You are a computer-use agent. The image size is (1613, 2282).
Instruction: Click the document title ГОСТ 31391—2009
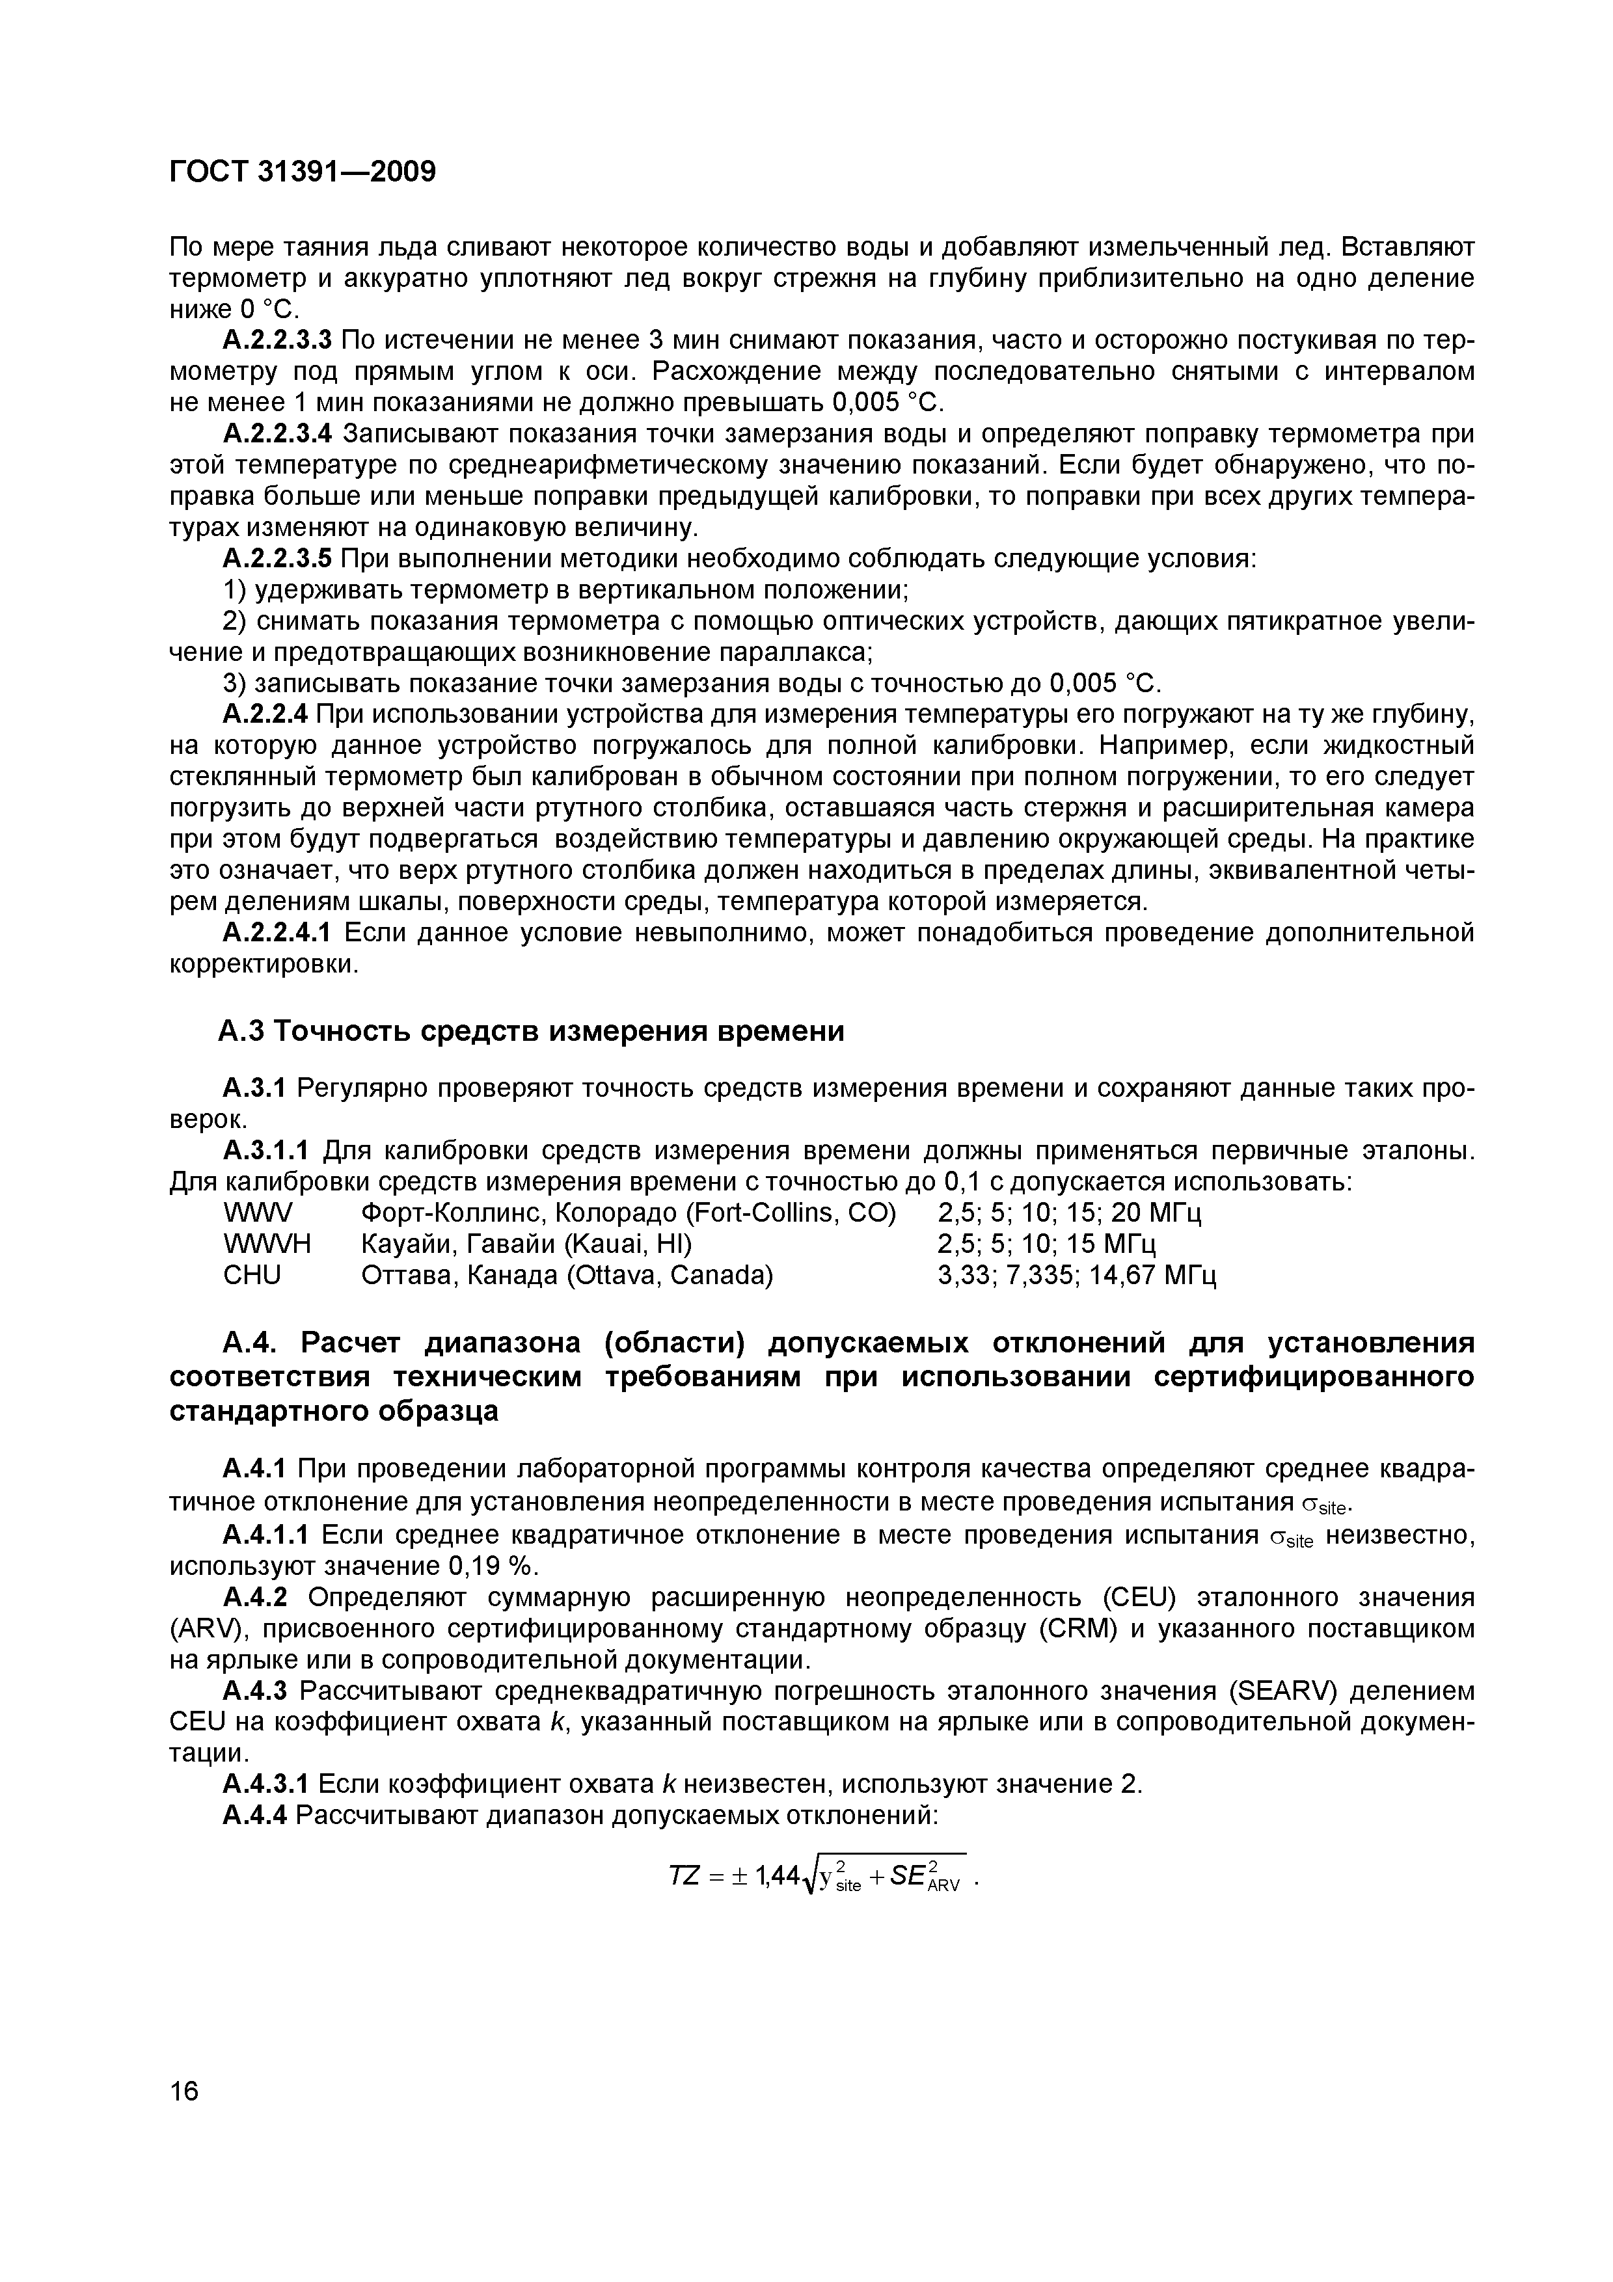click(302, 172)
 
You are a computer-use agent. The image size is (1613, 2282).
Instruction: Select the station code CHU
click(252, 1274)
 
